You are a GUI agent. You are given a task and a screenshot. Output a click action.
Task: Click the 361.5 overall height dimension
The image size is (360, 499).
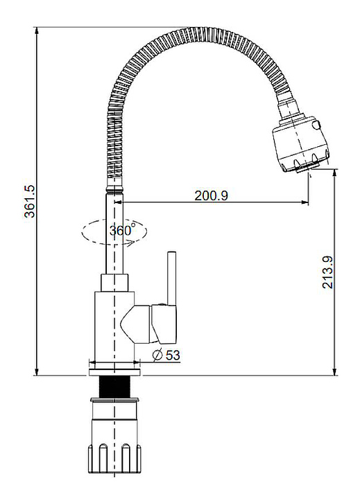(x=31, y=201)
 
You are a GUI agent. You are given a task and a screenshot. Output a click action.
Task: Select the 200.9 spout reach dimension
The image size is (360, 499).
(x=212, y=195)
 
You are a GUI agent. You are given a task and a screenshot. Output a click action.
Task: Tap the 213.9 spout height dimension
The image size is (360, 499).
(x=327, y=272)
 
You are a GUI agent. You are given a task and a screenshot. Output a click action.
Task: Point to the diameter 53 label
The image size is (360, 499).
(x=166, y=355)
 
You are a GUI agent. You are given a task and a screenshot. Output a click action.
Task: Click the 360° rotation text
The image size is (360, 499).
(x=123, y=230)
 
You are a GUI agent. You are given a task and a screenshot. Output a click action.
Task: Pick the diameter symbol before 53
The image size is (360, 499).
(x=157, y=355)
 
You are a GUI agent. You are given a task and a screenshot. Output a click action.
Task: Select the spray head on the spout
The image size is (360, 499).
(x=299, y=145)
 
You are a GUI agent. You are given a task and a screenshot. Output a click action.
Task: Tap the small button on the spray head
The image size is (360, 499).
(x=316, y=125)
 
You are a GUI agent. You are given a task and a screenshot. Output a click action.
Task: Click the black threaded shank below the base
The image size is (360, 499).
(x=114, y=387)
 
